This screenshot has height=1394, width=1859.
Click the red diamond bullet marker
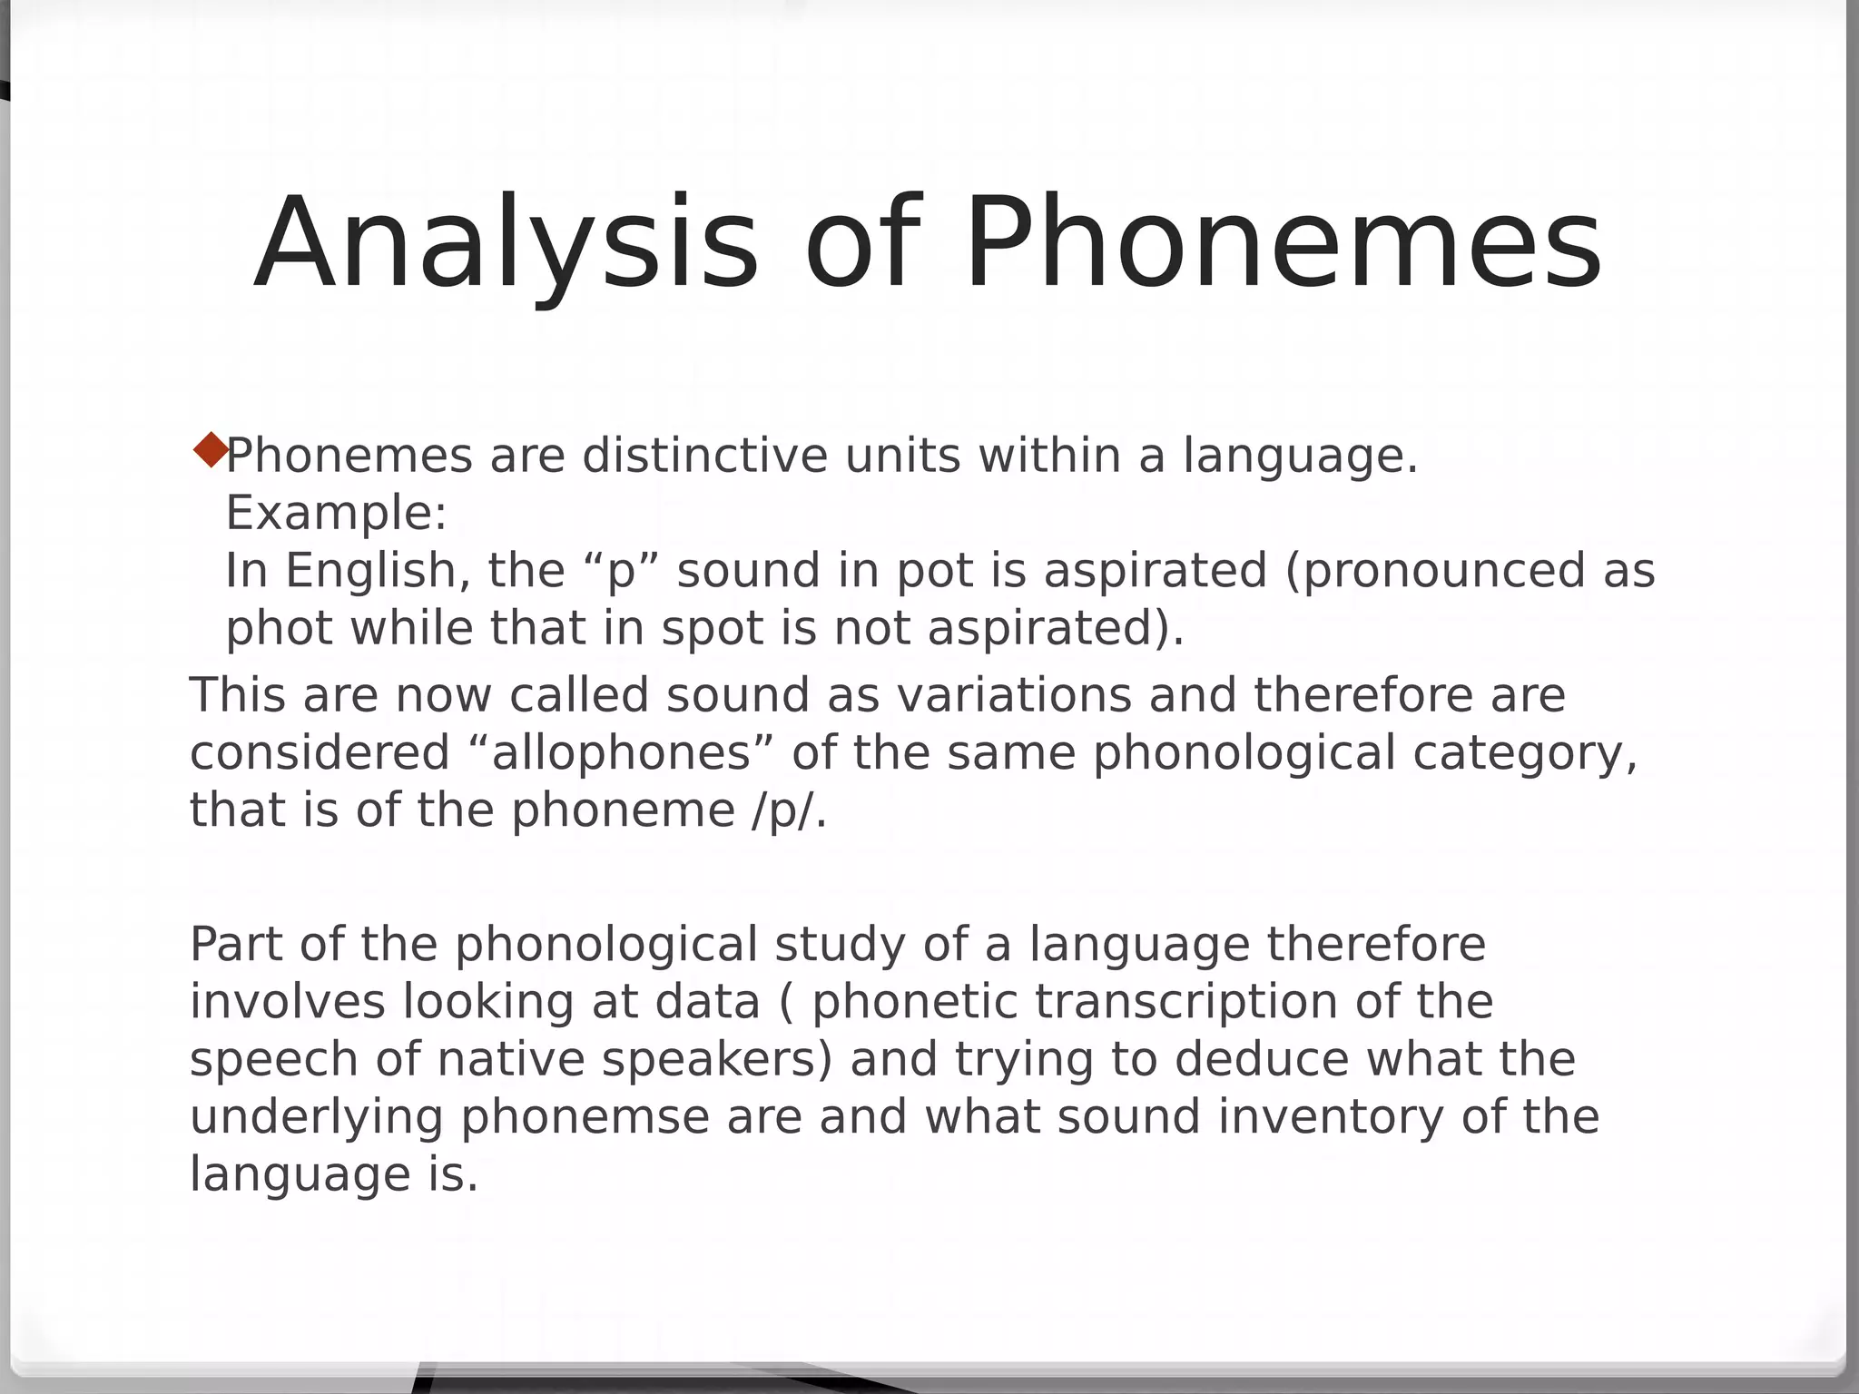211,450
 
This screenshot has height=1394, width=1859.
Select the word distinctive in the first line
704,456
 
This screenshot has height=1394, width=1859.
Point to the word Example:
336,514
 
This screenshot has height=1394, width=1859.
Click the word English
378,572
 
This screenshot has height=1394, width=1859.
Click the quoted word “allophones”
621,753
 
